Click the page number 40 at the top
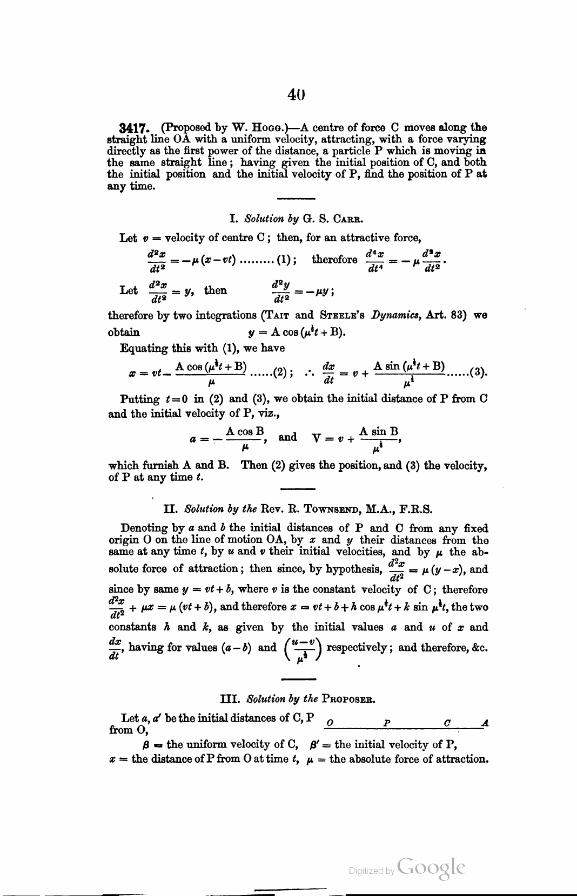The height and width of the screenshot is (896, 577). (x=297, y=96)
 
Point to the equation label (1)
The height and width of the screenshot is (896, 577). (x=284, y=260)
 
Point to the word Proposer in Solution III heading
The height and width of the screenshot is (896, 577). (x=348, y=700)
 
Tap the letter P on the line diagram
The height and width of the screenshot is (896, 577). (x=387, y=722)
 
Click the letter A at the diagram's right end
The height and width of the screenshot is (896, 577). (x=485, y=722)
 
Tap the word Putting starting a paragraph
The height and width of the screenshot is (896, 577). (x=139, y=399)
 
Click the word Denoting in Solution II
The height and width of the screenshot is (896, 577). (x=145, y=528)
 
